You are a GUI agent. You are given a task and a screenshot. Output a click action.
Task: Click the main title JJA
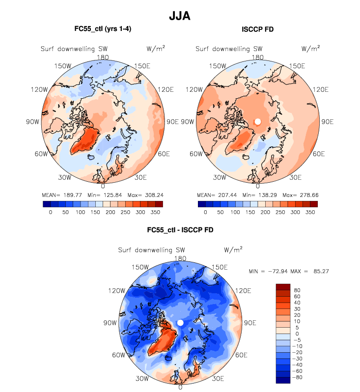point(180,16)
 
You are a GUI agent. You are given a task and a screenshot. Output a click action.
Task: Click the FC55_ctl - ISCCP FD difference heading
point(180,229)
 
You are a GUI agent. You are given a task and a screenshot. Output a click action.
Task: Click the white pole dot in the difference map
point(180,322)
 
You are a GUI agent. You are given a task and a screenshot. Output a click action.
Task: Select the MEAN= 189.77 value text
point(61,194)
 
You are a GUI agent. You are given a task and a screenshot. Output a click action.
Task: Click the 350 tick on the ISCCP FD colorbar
point(310,212)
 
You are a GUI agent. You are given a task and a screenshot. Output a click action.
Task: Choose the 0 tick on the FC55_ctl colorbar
point(51,212)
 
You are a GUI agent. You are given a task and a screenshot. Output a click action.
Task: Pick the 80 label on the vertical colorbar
point(298,290)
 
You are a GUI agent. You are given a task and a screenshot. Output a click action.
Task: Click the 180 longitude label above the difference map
point(180,258)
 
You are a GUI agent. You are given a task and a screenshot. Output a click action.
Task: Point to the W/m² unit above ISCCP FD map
point(310,48)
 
